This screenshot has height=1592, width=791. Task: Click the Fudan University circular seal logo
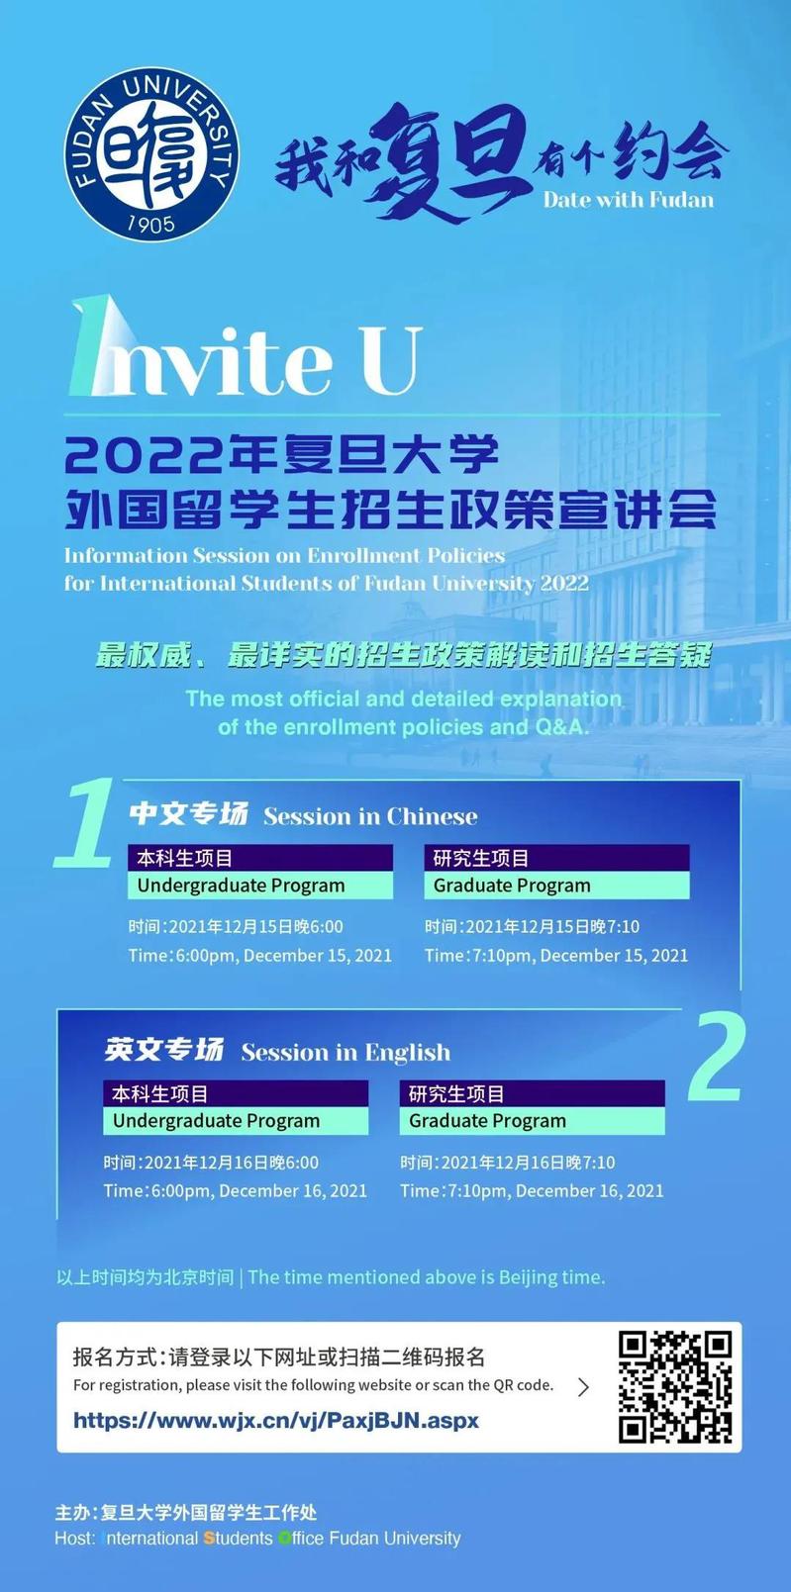pos(151,154)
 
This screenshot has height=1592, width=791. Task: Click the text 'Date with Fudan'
pos(628,200)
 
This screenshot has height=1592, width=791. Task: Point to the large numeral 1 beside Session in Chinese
pos(85,823)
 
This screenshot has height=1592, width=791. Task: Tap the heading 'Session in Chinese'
pos(370,816)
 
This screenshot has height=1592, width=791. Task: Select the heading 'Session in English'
pos(346,1052)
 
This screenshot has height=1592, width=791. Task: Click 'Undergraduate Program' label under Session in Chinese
pos(241,886)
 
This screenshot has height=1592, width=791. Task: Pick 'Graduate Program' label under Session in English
pos(487,1121)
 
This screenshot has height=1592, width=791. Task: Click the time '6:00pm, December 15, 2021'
pos(283,955)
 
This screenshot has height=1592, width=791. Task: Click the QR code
pos(675,1386)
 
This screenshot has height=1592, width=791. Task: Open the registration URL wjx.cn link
pos(276,1421)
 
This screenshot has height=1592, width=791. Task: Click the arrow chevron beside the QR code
pos(583,1386)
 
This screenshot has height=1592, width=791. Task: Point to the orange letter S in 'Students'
pos(209,1538)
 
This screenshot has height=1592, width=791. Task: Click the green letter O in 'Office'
pos(284,1538)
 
